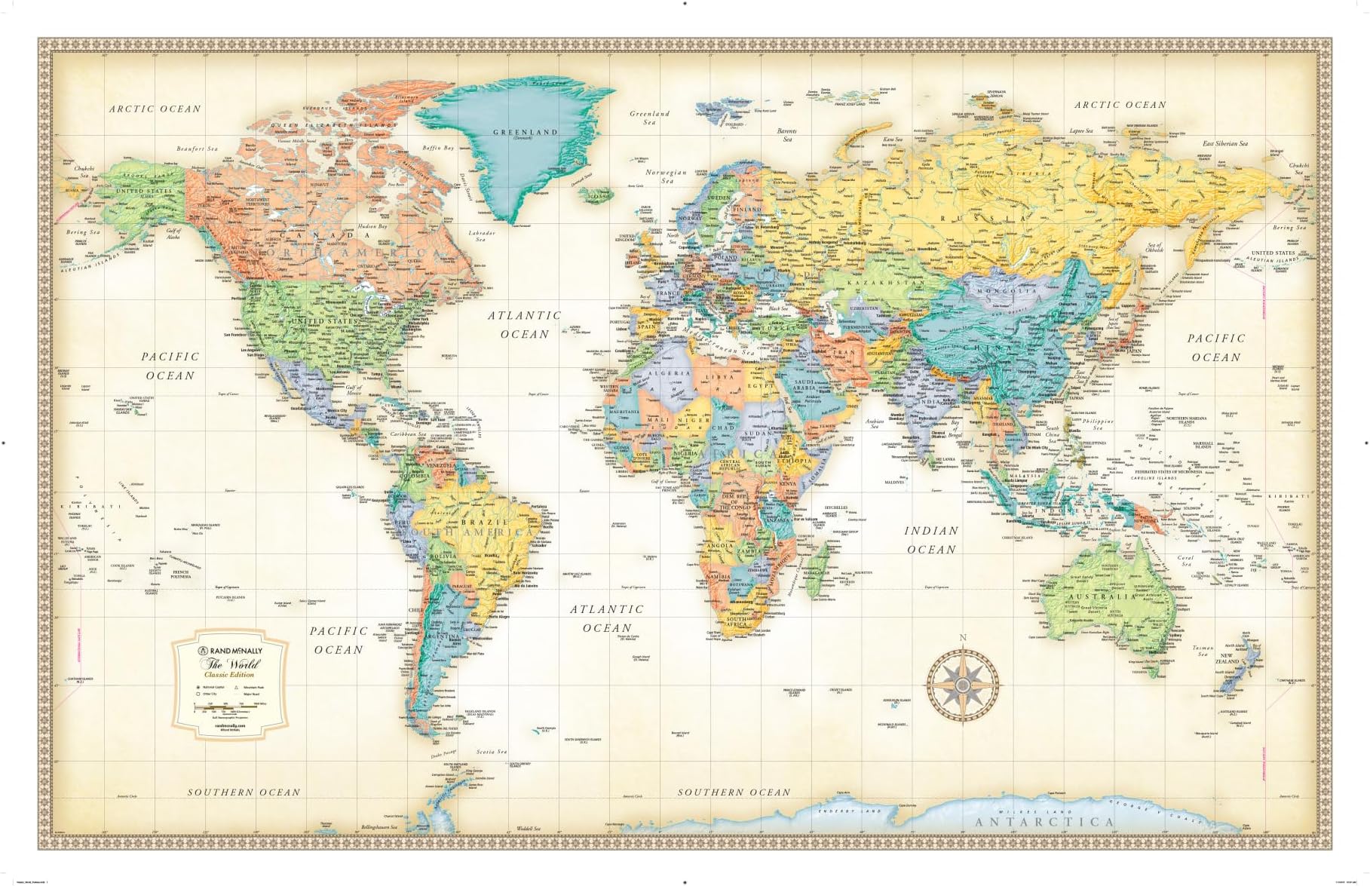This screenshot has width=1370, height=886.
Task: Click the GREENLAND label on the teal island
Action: [525, 132]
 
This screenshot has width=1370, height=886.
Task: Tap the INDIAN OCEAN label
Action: [931, 540]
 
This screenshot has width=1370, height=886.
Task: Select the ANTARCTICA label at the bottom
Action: [1044, 822]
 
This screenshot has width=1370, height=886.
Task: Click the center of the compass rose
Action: [963, 685]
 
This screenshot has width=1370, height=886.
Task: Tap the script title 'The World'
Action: [231, 664]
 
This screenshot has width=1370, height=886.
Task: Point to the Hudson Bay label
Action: [372, 226]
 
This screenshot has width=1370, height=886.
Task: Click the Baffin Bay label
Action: [438, 148]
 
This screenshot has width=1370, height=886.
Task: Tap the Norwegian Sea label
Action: [667, 176]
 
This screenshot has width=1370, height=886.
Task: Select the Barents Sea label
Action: [787, 135]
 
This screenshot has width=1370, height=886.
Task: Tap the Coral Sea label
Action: [1185, 561]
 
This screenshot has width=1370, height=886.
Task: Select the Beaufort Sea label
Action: [197, 149]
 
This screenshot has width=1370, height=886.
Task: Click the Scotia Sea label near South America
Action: [492, 752]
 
